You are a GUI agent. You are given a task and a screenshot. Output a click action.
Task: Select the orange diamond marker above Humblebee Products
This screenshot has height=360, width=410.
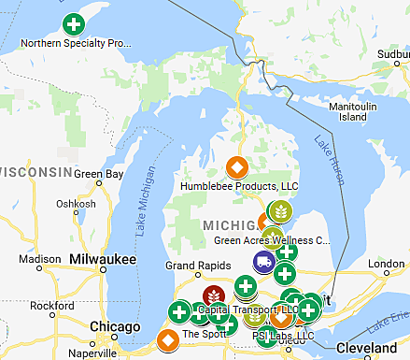point(237,168)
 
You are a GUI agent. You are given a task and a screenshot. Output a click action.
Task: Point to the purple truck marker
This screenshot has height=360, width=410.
point(264,264)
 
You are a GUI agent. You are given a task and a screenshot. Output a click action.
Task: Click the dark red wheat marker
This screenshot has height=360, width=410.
point(213,297)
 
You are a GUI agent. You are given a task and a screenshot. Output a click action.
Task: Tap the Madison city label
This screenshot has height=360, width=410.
point(39,260)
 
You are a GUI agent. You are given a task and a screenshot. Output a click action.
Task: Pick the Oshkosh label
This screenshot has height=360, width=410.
point(76,204)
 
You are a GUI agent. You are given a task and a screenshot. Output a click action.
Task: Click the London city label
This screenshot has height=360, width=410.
point(385,264)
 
